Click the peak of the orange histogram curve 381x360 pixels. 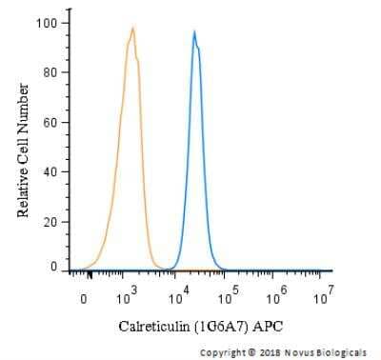click(x=132, y=28)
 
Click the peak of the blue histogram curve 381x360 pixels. click(x=194, y=31)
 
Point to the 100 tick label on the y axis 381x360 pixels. click(x=45, y=22)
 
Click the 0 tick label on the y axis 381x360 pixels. click(x=53, y=268)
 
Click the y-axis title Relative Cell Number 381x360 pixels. click(x=23, y=150)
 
